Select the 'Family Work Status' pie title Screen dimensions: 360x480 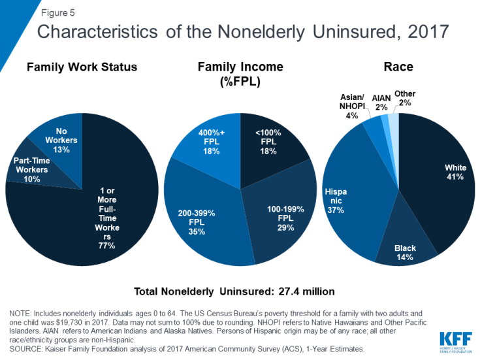(83, 67)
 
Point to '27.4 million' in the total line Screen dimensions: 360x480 (304, 291)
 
